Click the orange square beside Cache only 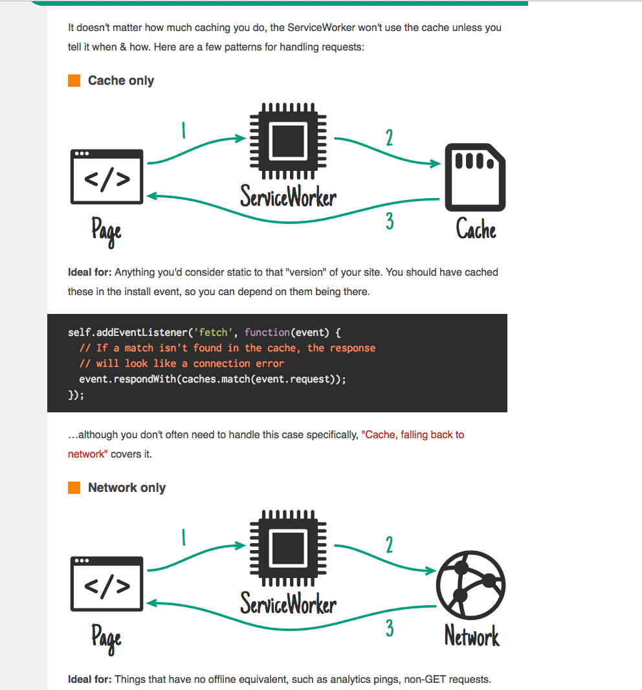click(74, 81)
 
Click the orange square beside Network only click(74, 487)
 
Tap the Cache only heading click(121, 81)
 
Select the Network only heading click(127, 487)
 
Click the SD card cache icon click(475, 177)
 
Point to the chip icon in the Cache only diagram click(288, 140)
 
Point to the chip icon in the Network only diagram click(288, 548)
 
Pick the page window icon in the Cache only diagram click(107, 177)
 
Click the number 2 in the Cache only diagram click(389, 138)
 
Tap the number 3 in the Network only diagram click(390, 628)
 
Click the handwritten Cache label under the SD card click(476, 229)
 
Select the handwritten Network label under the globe click(472, 636)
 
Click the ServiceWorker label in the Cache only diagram click(288, 195)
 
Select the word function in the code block click(267, 333)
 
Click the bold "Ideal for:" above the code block click(90, 273)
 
